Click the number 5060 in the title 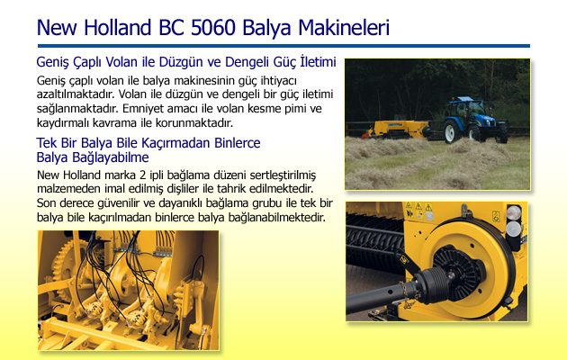(213, 28)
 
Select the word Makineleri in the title (344, 28)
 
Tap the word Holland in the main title (118, 28)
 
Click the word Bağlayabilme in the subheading (111, 157)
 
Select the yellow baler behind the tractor (397, 130)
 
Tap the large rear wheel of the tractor (453, 131)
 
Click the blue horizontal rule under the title (283, 46)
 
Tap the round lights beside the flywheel (514, 220)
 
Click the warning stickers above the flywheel (419, 211)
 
